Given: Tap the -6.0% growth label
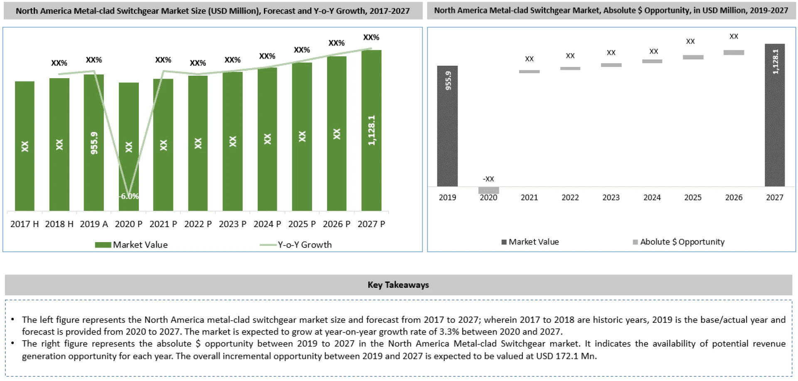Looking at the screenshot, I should [129, 196].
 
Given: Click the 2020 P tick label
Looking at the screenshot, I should [128, 224].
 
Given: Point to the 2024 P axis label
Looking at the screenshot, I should [267, 224].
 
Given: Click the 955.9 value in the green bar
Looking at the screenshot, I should [94, 143].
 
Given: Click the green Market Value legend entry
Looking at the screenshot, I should [131, 245].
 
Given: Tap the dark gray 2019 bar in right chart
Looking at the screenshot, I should [447, 133].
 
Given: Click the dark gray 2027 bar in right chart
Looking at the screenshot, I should [775, 125].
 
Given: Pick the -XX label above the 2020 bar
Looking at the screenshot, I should [488, 179].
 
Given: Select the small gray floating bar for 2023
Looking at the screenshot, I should [611, 65].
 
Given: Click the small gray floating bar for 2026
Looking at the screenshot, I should [734, 53].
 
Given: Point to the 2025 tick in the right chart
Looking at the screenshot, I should [693, 198].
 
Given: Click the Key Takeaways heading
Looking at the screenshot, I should [398, 285].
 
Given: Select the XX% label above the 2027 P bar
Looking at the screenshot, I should [371, 37].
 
